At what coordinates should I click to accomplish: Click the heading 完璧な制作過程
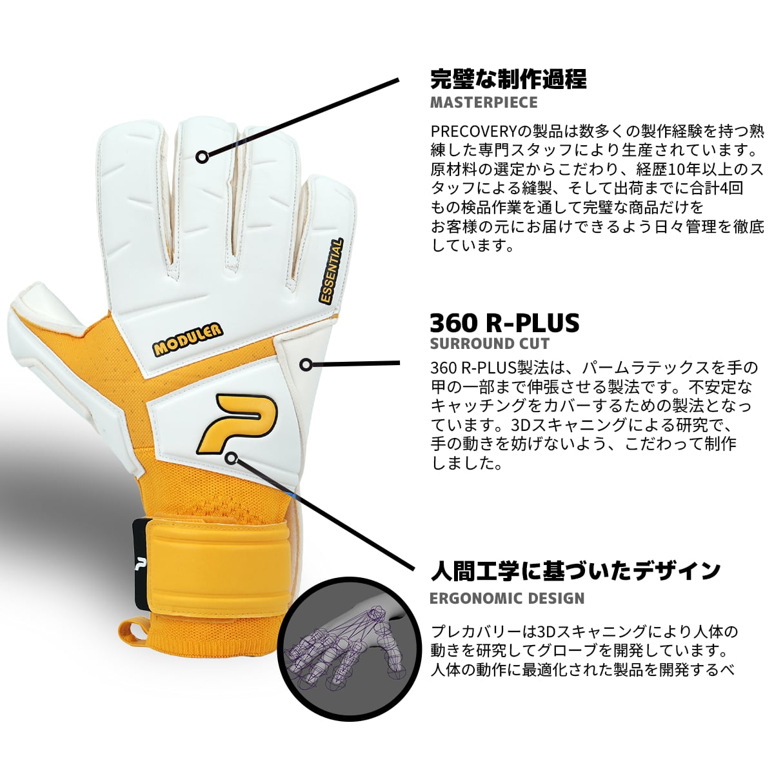508,79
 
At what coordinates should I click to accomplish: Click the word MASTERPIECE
483,103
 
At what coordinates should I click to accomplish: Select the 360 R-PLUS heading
504,322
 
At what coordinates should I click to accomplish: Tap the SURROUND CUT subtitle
490,343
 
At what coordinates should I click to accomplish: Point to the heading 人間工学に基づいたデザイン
575,570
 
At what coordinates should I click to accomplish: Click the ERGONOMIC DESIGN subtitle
507,598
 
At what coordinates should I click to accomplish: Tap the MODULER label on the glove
187,339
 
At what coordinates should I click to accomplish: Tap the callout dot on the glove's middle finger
202,156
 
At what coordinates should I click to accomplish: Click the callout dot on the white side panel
306,364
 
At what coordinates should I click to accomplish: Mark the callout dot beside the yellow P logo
233,459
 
